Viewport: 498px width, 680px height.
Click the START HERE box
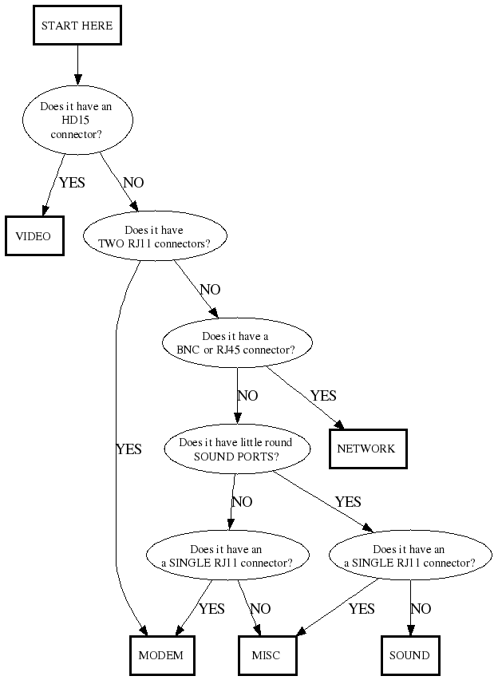coord(77,26)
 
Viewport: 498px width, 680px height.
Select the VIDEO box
coord(34,236)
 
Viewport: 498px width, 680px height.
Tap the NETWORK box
coord(367,449)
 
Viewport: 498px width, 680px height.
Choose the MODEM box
coord(161,655)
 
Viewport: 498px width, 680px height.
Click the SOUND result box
coord(409,655)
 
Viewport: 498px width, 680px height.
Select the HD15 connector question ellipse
coord(77,121)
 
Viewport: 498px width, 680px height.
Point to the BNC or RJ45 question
coord(236,343)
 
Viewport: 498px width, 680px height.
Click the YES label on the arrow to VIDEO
coord(72,183)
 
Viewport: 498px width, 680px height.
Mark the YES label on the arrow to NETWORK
coord(323,396)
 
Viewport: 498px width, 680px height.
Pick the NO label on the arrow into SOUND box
coord(421,609)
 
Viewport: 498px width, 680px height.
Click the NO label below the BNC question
coord(247,396)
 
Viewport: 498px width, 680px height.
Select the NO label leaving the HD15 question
coord(133,183)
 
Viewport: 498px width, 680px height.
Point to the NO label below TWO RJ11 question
coord(210,290)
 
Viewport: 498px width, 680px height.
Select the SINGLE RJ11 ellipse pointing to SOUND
coord(409,555)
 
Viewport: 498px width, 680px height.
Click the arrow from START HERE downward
coord(77,64)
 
